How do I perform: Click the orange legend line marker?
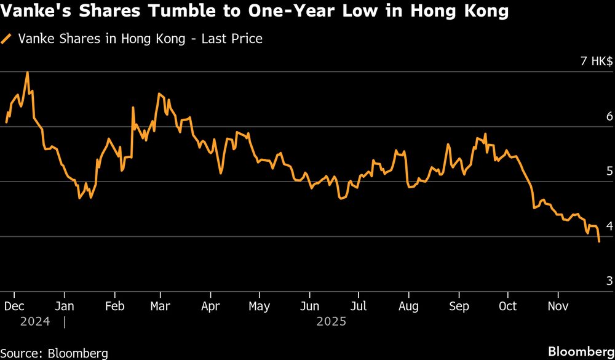[7, 39]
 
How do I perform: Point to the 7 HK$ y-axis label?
[596, 62]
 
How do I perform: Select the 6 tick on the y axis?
[609, 116]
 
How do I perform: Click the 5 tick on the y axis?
[609, 171]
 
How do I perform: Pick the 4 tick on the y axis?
[609, 226]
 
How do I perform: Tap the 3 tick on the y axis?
[609, 281]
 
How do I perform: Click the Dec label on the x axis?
[14, 306]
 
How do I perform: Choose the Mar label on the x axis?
[161, 306]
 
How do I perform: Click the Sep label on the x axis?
[459, 306]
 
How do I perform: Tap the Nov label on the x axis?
[558, 306]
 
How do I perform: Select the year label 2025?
[331, 321]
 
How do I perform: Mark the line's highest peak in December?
[27, 73]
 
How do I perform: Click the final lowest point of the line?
[599, 242]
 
